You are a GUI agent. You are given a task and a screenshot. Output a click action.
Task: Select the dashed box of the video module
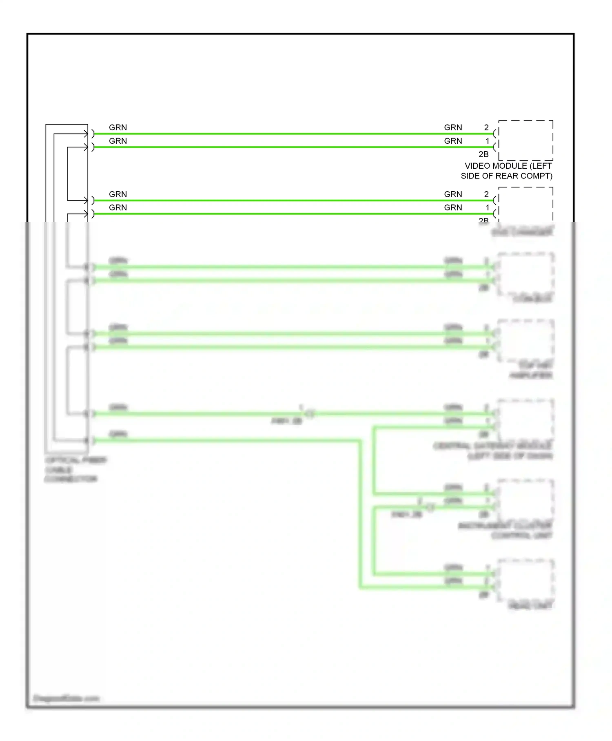[526, 140]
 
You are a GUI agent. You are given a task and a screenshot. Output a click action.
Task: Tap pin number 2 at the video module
[486, 127]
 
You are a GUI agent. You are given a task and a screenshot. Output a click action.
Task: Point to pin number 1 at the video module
[487, 141]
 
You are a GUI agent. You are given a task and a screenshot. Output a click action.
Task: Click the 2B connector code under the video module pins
[483, 154]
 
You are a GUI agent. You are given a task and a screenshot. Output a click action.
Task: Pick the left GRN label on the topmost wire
[118, 127]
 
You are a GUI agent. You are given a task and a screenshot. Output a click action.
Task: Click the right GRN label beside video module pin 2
[453, 127]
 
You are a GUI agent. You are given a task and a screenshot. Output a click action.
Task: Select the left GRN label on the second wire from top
[118, 141]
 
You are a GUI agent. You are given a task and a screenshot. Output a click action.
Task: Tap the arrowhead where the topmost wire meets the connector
[85, 134]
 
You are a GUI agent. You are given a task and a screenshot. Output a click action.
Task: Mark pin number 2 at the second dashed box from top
[486, 194]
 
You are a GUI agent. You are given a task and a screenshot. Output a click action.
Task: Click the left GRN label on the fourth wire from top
[118, 208]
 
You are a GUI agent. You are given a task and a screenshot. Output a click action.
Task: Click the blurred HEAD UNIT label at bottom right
[530, 605]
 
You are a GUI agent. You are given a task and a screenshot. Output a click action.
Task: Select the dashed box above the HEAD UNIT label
[526, 580]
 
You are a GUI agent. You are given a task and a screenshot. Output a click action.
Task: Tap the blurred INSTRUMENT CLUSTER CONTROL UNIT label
[506, 530]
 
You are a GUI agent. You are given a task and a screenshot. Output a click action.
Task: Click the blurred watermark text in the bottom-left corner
[66, 698]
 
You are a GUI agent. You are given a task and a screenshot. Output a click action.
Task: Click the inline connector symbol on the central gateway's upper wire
[310, 414]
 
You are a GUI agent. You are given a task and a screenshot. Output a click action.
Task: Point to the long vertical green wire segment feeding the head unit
[360, 515]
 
